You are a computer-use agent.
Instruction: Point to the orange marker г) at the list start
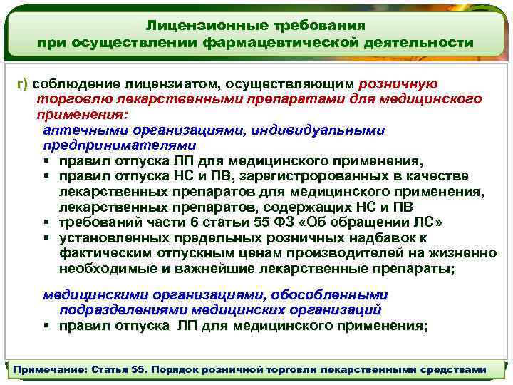[x=22, y=84]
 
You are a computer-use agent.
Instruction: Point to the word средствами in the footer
[x=456, y=370]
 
